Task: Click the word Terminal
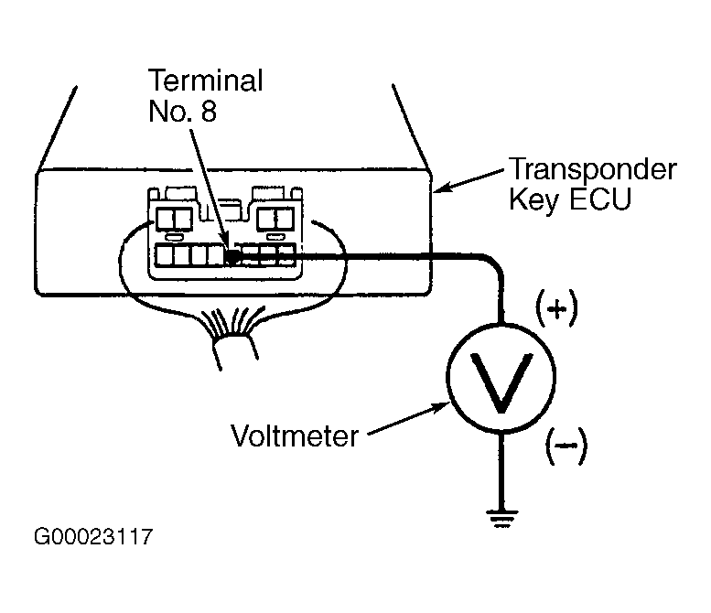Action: coord(205,81)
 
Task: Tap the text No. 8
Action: coord(182,111)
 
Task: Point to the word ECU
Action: coord(600,199)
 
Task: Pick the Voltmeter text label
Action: coord(295,436)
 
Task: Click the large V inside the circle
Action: coord(501,382)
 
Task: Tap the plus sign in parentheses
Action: coord(557,309)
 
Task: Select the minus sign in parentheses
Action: coord(566,446)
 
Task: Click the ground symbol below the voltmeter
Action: coord(501,519)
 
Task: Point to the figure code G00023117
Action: coord(93,537)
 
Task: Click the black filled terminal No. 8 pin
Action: coord(232,256)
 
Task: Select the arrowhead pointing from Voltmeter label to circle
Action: coord(441,407)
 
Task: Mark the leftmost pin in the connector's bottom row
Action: coord(164,255)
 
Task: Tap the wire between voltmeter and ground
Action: coord(501,470)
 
